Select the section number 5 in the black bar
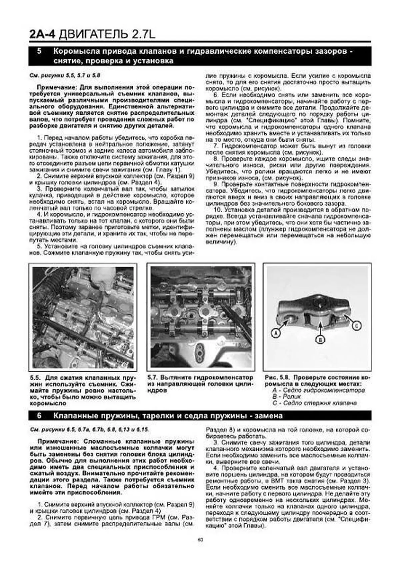[x=39, y=51]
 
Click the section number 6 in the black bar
[x=39, y=416]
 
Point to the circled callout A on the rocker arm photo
[x=275, y=333]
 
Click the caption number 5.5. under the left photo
[x=35, y=378]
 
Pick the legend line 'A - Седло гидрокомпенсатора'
[x=318, y=390]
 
